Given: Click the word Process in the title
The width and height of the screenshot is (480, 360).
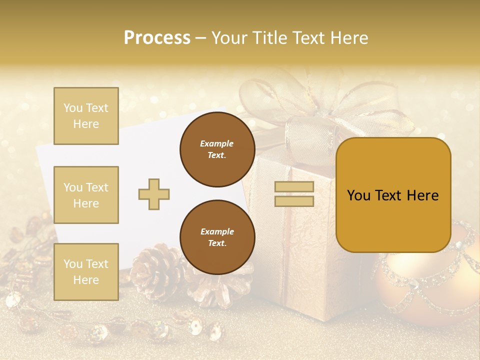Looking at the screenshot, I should [x=157, y=38].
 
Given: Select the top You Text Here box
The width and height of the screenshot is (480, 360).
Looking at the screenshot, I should [x=86, y=116].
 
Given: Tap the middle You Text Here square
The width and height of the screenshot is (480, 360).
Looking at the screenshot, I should [x=86, y=195].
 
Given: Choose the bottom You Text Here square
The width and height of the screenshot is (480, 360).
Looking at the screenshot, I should [x=86, y=271].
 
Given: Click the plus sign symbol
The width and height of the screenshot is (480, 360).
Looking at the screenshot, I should [x=154, y=194].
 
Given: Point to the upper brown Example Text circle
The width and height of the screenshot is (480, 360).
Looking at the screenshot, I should [x=217, y=149].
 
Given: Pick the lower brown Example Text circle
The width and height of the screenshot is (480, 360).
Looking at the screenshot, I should [x=217, y=237].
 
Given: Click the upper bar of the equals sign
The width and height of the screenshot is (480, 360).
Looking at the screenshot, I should [x=294, y=187].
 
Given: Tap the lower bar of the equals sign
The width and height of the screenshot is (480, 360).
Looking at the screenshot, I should [x=294, y=201].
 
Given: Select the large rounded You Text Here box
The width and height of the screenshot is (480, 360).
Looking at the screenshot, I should [x=393, y=195].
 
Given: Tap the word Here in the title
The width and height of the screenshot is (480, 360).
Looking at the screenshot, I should [x=348, y=38].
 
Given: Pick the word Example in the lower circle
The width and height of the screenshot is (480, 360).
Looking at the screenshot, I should [x=217, y=231].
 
